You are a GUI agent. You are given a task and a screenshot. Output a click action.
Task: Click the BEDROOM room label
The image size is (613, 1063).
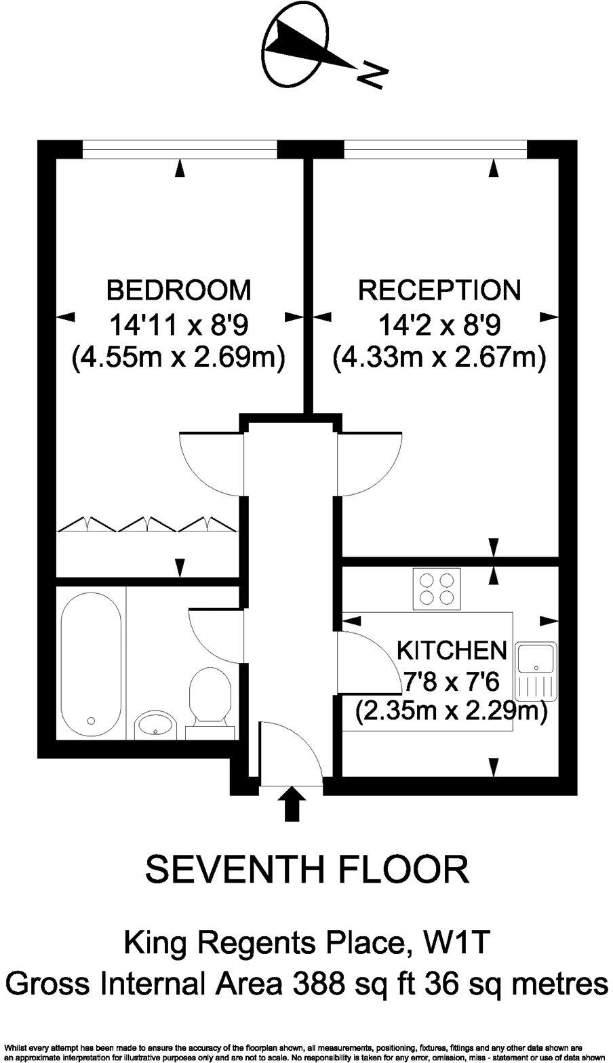[179, 290]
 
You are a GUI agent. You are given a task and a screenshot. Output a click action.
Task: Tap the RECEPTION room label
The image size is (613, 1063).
[439, 290]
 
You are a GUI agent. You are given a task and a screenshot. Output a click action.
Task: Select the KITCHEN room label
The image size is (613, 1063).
[451, 650]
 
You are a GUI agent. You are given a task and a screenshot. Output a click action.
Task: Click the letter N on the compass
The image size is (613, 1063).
[372, 75]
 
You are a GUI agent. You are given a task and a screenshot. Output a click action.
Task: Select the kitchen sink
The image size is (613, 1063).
[536, 670]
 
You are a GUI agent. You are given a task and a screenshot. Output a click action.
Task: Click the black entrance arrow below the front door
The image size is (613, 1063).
[292, 804]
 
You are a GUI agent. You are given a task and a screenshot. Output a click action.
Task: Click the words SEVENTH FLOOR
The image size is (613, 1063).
[307, 870]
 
